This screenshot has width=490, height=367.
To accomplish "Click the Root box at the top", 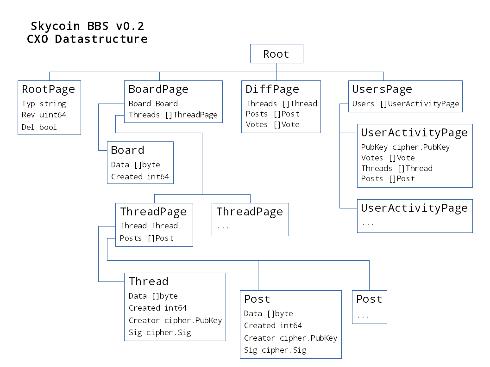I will coord(276,54).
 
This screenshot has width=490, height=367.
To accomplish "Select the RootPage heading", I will coord(48,89).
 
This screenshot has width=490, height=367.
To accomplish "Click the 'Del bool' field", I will coord(39,127).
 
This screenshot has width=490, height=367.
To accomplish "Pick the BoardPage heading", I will coord(158,89).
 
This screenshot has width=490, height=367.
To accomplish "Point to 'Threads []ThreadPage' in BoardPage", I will coord(173,115).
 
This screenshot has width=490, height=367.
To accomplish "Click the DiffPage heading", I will coord(272,89).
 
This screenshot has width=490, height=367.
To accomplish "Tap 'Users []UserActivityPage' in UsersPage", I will coord(405,104).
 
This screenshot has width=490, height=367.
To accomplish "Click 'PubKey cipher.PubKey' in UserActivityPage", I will coord(405,147).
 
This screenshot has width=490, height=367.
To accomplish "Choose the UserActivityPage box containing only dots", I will coord(415,216).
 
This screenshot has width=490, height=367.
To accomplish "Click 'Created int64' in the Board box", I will coord(140,177).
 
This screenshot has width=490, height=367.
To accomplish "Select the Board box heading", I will coord(127,150).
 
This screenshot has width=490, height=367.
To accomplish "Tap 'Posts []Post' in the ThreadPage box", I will coord(146,238).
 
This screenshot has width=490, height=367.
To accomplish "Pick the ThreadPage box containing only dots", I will coord(250,220).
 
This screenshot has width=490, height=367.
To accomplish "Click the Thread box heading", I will coord(148,281).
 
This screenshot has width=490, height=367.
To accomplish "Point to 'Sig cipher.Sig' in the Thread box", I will coord(159,332).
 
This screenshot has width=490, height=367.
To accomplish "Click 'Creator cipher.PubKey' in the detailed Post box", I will coord(290,338).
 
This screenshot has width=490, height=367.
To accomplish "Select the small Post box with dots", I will coord(369,307).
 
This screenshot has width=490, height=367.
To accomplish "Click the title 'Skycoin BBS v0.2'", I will coord(90,26).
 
